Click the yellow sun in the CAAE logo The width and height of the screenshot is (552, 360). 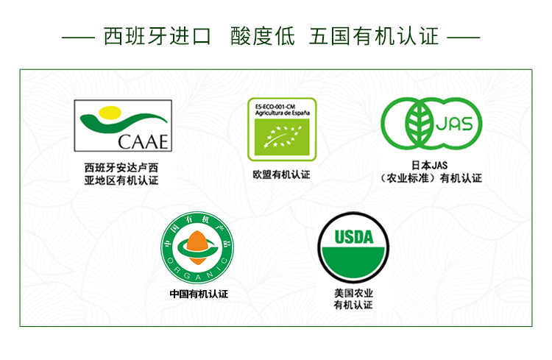(110, 113)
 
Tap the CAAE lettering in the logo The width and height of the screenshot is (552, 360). (143, 142)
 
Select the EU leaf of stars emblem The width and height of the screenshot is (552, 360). (282, 137)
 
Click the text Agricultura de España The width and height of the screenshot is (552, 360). (283, 113)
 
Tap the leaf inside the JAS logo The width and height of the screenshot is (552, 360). (418, 123)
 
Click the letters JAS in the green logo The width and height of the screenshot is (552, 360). (454, 124)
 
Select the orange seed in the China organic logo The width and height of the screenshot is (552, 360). (197, 247)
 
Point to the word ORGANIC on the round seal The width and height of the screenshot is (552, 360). (197, 272)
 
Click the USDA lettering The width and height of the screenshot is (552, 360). (354, 237)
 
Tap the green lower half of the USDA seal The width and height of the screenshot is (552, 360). (353, 262)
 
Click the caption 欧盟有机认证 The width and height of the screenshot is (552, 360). (281, 174)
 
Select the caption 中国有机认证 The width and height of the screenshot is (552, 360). (199, 294)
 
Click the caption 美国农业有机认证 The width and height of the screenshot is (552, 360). (353, 299)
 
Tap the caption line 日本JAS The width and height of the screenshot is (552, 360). (430, 165)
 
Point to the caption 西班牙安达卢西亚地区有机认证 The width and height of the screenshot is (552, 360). (121, 174)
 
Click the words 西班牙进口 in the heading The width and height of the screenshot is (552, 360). (158, 36)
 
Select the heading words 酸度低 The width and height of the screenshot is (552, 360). (263, 36)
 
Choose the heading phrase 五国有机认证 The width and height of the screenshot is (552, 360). (374, 36)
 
